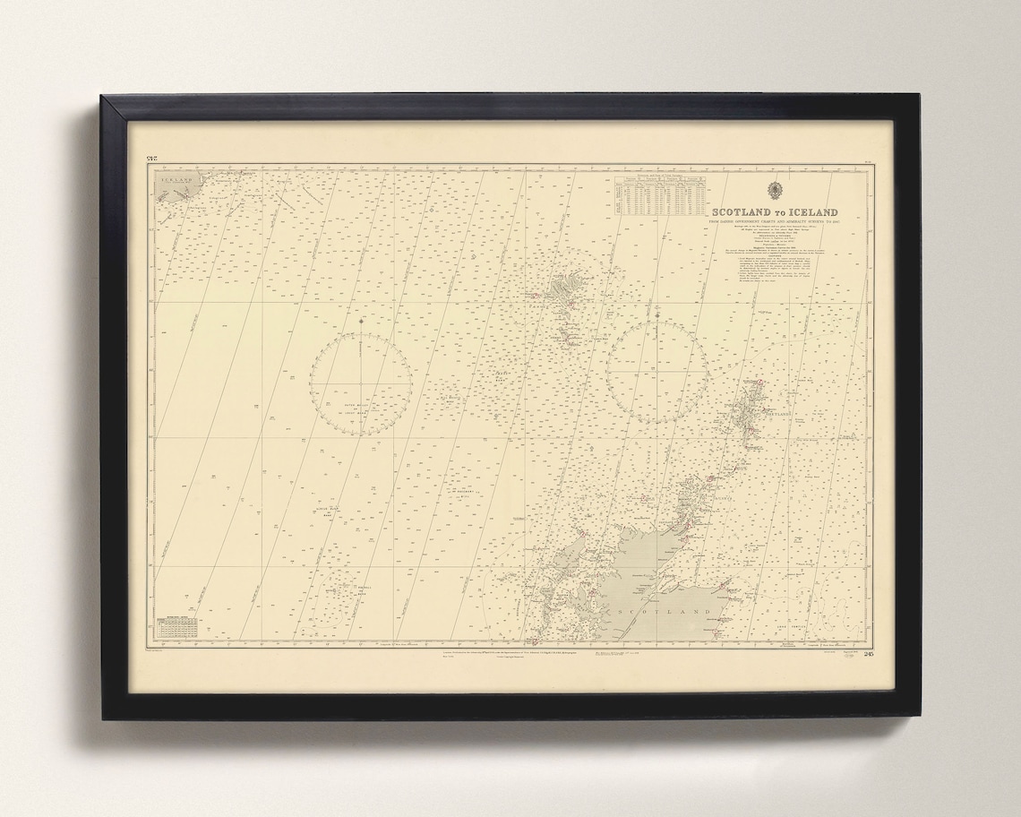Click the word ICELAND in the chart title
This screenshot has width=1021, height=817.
tap(814, 212)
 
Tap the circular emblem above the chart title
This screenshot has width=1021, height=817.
tap(775, 189)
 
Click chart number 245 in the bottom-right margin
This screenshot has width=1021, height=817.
tap(862, 652)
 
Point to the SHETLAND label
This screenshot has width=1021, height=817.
tap(777, 415)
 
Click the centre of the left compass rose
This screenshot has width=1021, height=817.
tap(360, 383)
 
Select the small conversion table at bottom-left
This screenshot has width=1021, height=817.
tap(176, 628)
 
